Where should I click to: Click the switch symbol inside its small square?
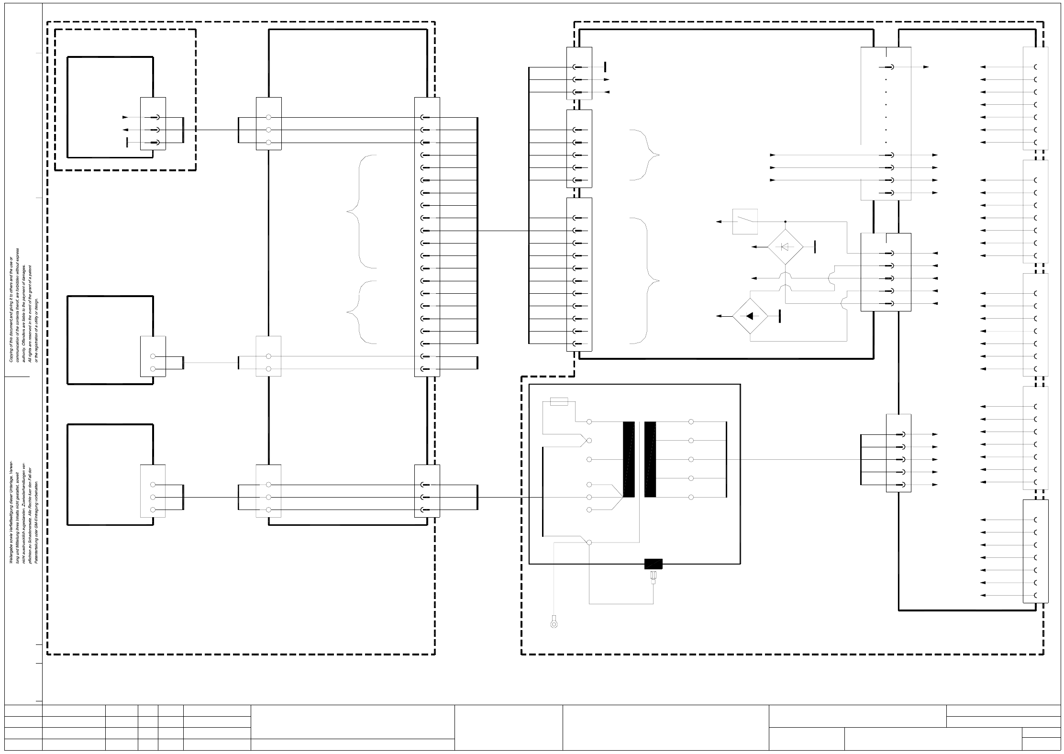click(745, 222)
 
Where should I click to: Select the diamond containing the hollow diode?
click(785, 247)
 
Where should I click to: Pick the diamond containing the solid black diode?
click(750, 316)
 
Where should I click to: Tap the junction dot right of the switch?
click(785, 222)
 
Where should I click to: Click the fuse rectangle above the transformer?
click(559, 402)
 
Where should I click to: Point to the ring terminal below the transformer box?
click(554, 623)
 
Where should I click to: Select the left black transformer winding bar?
click(629, 459)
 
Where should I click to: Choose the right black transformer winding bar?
click(650, 459)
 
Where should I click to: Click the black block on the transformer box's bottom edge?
click(653, 564)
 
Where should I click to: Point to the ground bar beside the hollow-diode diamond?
click(814, 247)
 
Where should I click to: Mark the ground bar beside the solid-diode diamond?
click(780, 316)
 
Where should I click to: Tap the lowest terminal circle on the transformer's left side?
click(589, 543)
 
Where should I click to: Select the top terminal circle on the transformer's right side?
click(691, 422)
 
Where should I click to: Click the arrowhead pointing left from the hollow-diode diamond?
click(754, 247)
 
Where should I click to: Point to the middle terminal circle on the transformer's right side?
click(691, 460)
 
